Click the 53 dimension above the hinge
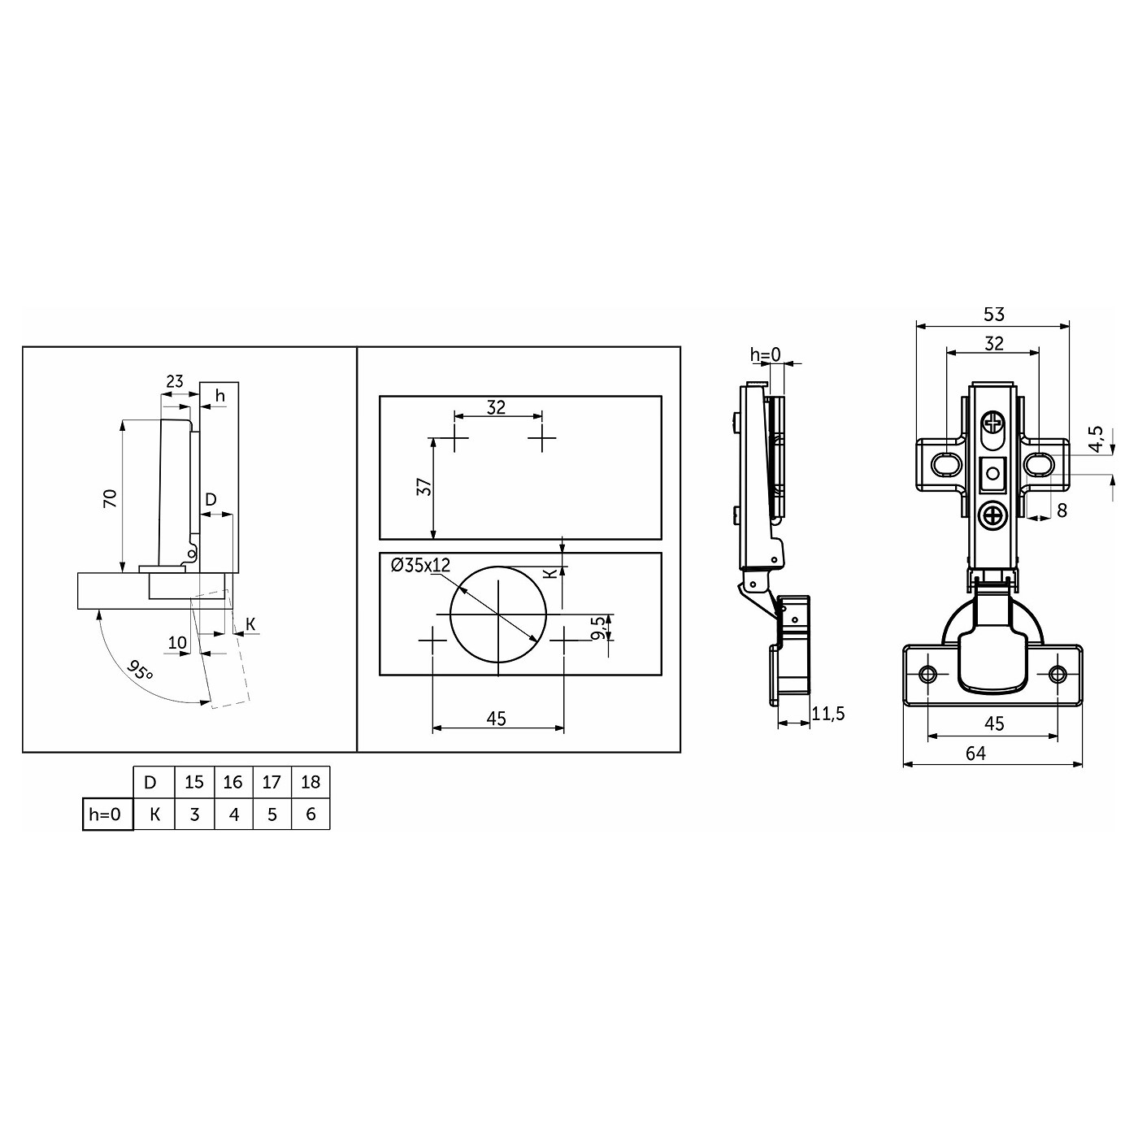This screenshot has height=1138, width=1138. pyautogui.click(x=994, y=315)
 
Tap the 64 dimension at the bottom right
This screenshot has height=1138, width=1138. pyautogui.click(x=976, y=754)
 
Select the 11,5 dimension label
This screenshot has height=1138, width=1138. pyautogui.click(x=828, y=714)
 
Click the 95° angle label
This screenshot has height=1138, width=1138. pyautogui.click(x=140, y=671)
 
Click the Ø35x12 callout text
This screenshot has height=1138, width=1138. pyautogui.click(x=420, y=565)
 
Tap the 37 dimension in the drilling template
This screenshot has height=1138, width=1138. pyautogui.click(x=424, y=487)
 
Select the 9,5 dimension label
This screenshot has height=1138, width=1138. pyautogui.click(x=598, y=628)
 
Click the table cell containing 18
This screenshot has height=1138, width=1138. pyautogui.click(x=311, y=782)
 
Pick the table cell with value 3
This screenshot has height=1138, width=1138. pyautogui.click(x=194, y=814)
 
